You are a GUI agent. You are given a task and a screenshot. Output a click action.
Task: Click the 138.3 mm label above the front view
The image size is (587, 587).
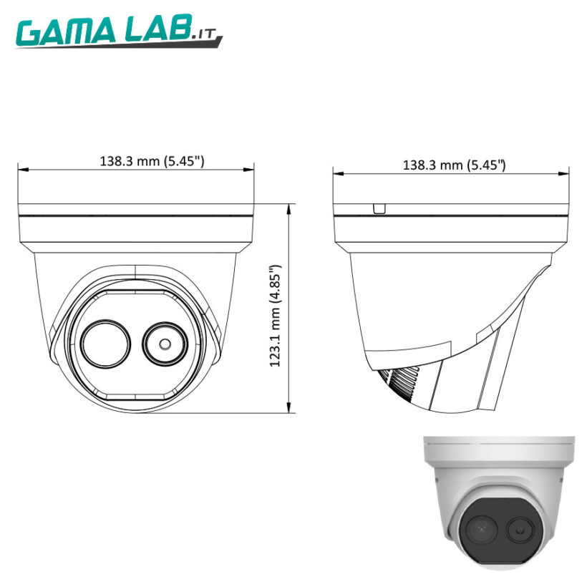click(x=152, y=161)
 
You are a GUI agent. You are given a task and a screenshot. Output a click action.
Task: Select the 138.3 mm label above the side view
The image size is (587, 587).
click(x=455, y=165)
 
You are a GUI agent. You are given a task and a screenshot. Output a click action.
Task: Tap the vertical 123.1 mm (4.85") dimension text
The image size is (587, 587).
click(x=276, y=316)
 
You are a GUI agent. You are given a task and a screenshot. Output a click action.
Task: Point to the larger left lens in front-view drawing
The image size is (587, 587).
click(x=106, y=341)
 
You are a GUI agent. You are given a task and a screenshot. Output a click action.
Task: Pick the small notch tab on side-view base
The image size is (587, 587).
click(x=379, y=208)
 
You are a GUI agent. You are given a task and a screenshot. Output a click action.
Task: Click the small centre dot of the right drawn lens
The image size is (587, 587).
click(x=165, y=343)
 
